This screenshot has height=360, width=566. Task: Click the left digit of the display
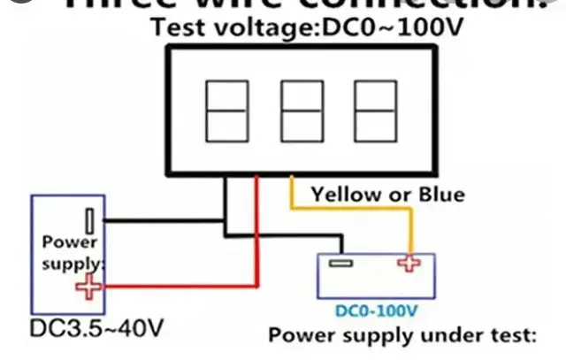tap(226, 113)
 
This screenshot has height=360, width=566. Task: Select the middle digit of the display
tap(301, 113)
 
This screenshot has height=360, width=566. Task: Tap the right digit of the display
tap(376, 113)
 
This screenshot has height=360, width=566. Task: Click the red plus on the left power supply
tap(88, 286)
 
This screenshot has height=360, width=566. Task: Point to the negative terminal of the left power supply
tap(90, 218)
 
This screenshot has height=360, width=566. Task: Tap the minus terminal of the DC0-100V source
tap(339, 263)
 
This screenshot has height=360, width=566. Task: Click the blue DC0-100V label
tap(377, 311)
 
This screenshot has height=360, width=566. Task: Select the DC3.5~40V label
tap(97, 328)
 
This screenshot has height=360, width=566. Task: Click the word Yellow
tap(344, 194)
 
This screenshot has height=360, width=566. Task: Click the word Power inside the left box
tap(70, 241)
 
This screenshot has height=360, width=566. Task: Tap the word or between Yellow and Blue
tap(394, 194)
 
